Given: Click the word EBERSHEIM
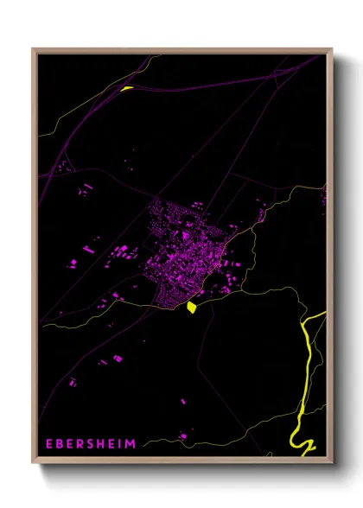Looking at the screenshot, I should (92, 444).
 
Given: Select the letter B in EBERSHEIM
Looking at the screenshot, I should (60, 444).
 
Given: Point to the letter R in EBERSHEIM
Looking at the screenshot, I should (81, 444).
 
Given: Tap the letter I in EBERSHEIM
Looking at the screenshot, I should (121, 444).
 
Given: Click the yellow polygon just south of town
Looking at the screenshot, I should (191, 307).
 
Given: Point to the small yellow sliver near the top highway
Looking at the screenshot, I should (127, 87).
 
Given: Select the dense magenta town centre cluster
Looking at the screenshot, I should (186, 251).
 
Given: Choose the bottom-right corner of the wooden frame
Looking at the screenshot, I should (330, 463).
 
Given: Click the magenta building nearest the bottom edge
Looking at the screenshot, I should (183, 436).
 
